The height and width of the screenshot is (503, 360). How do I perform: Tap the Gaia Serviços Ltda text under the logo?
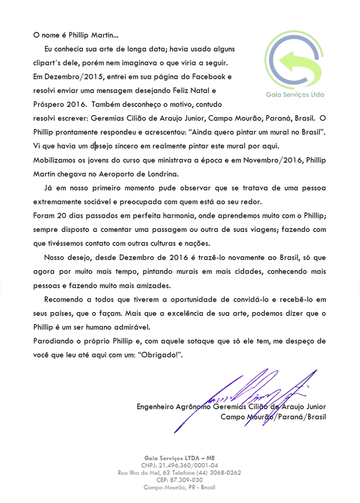point(295,94)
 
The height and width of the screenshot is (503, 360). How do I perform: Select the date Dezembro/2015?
point(65,77)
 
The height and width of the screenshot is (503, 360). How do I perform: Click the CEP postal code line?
point(179,479)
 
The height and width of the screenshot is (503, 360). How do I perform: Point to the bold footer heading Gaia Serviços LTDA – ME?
point(179,457)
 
